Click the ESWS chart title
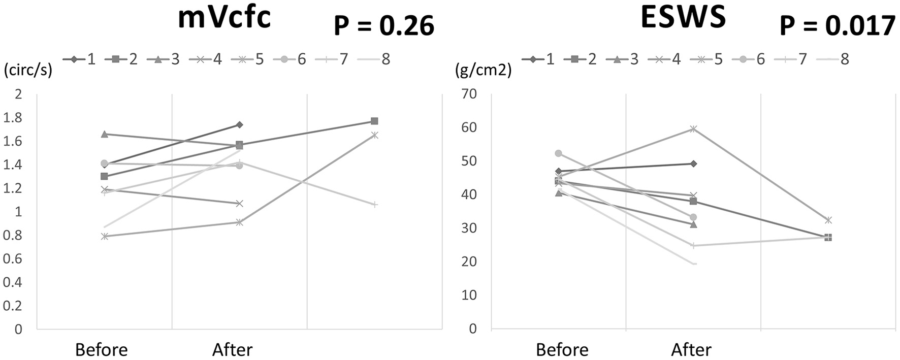[683, 18]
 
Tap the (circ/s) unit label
[27, 70]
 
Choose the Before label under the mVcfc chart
[102, 350]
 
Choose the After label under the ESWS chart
[691, 350]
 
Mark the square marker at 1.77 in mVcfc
[374, 121]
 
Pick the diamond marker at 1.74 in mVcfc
[239, 124]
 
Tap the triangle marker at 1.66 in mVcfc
[104, 134]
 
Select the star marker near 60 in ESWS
[693, 128]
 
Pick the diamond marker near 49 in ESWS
[693, 163]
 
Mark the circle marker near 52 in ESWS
[558, 153]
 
